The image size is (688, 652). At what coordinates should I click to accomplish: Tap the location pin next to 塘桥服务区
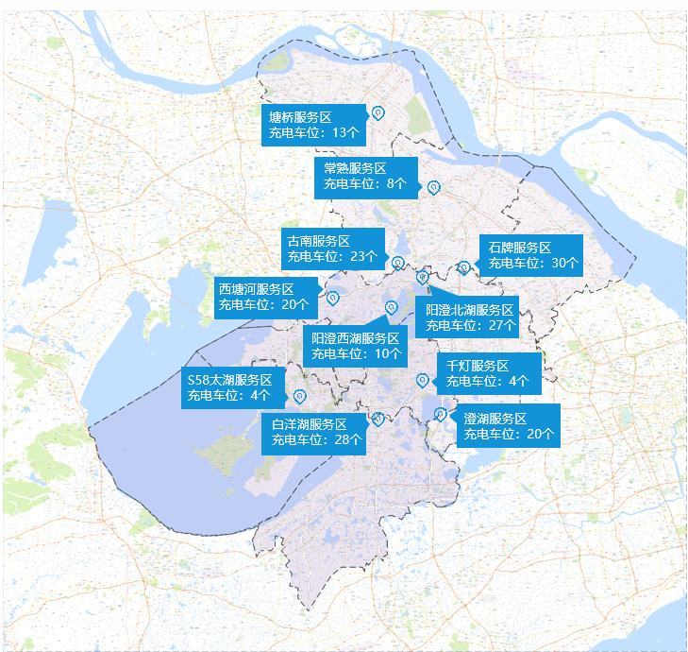pos(378,113)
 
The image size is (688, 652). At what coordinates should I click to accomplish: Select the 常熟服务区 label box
pos(365,177)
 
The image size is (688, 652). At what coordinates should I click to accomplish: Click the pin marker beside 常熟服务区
pos(433,187)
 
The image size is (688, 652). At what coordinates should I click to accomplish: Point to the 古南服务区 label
pos(333,249)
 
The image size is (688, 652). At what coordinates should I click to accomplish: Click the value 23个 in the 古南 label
pos(363,256)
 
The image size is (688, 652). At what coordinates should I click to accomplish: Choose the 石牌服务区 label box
pos(530,255)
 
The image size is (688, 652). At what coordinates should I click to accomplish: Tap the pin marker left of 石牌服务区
pos(464,267)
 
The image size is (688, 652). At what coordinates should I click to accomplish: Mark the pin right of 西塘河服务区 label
pos(333,299)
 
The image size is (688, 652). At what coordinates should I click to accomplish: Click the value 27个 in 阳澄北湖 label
pos(500,325)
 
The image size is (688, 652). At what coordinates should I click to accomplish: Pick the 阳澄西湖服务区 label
pos(355,346)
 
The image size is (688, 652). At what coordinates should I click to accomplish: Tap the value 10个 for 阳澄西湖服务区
pos(388,354)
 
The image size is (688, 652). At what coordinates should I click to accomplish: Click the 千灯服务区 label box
pos(490,373)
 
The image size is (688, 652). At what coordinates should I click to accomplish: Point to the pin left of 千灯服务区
pos(422,381)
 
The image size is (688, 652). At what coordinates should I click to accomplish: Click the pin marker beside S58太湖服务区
pos(300,396)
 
